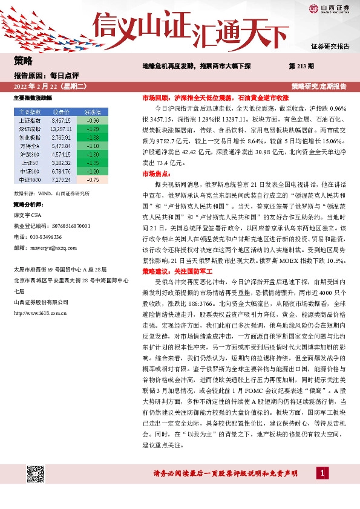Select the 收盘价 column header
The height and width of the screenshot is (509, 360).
tap(63, 112)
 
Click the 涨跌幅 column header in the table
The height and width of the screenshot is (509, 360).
tap(92, 112)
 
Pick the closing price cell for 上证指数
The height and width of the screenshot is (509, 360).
tap(63, 121)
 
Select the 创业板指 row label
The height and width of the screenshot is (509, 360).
tap(30, 137)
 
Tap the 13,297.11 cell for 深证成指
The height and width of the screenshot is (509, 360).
tap(63, 129)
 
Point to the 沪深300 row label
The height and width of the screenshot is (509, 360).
tap(30, 154)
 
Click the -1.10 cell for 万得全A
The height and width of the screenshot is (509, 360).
tap(92, 146)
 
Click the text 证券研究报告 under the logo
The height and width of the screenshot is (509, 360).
tap(330, 47)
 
